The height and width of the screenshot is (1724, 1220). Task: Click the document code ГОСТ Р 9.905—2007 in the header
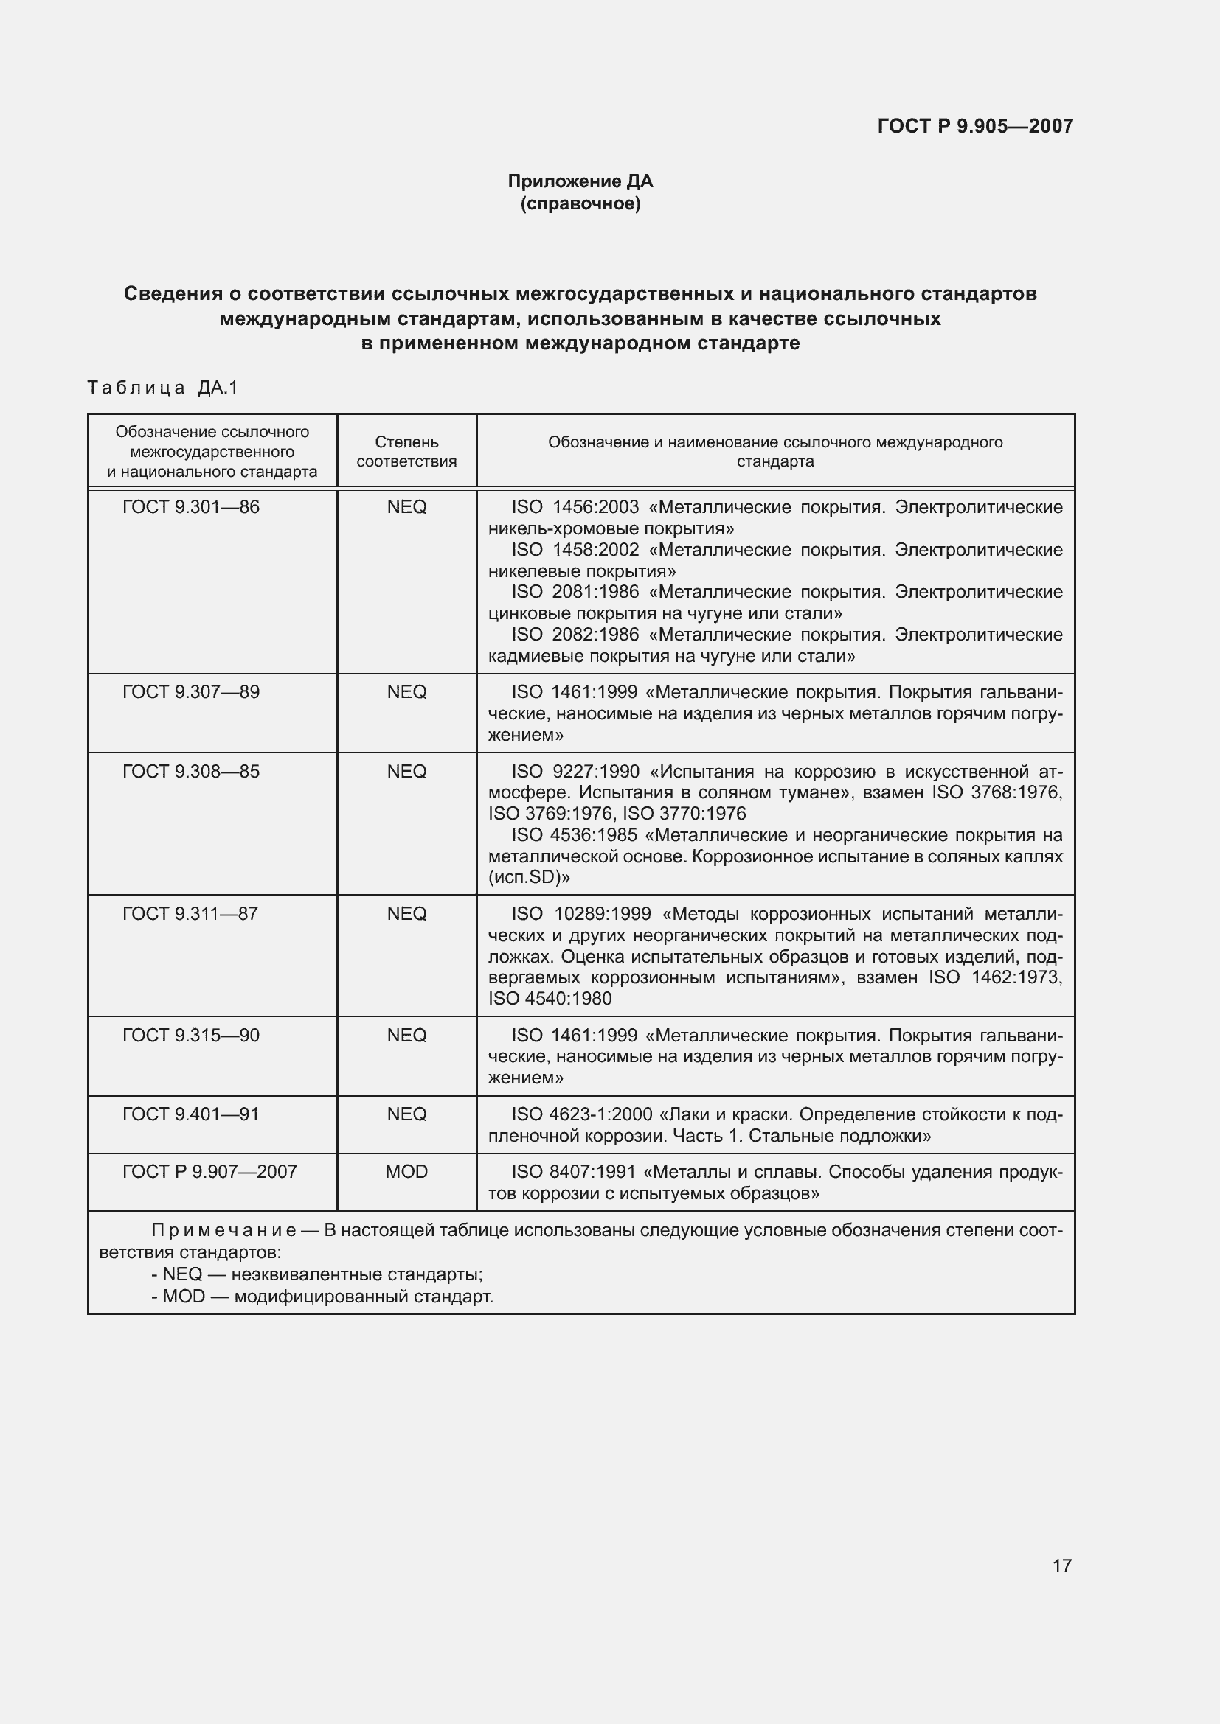coord(975,126)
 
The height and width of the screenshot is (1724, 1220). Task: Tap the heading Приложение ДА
coord(580,181)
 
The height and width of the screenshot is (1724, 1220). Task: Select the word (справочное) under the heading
coord(580,203)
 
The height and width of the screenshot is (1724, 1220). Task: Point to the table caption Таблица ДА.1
coord(162,388)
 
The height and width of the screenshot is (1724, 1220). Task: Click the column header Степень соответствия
coord(406,451)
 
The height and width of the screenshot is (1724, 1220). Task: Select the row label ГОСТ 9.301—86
coord(191,508)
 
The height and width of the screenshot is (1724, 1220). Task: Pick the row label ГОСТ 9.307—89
coord(191,692)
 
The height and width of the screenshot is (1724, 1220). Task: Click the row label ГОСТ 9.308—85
coord(191,772)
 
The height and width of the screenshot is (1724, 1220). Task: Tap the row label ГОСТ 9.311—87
coord(190,914)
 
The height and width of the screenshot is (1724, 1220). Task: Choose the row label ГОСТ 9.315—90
coord(191,1036)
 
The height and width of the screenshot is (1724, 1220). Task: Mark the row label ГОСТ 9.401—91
coord(191,1114)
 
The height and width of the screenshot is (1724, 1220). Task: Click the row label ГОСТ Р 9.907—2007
coord(209,1171)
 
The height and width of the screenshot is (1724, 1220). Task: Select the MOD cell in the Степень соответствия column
coord(406,1171)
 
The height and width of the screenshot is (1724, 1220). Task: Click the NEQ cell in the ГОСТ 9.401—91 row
coord(406,1114)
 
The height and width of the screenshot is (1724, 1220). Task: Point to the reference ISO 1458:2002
coord(575,551)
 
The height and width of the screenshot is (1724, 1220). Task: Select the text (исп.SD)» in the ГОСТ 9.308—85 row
coord(529,877)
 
